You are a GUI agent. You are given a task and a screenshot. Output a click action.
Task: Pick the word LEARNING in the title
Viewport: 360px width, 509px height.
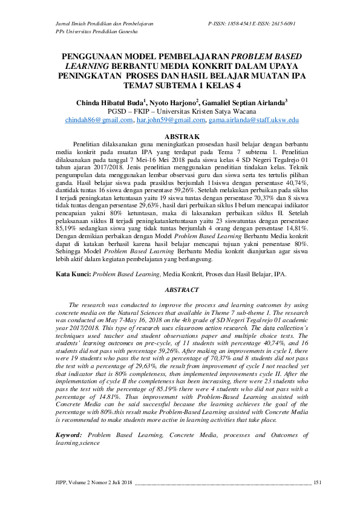89,66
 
